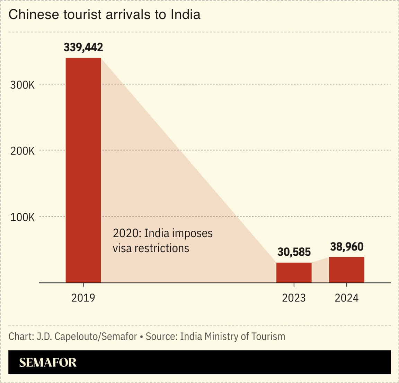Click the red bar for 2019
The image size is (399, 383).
pos(83,170)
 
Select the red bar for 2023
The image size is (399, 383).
pos(294,273)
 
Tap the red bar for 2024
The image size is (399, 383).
pos(346,270)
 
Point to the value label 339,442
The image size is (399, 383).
pos(83,47)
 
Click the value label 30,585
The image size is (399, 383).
pos(294,252)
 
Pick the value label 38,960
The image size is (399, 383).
pos(347,247)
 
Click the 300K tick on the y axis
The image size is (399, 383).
pos(23,85)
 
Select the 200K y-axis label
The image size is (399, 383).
pos(23,151)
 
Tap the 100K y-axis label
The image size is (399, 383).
pos(23,218)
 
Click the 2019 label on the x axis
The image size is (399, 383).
pos(83,298)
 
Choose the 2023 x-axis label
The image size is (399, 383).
pos(294,298)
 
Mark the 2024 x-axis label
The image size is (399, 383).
pos(346,298)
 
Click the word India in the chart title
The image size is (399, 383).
pos(185,15)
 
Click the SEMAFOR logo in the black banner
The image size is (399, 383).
pos(48,363)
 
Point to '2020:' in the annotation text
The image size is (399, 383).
pos(127,233)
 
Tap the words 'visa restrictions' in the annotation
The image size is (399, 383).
pos(151,248)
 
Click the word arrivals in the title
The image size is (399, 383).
pos(131,15)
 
